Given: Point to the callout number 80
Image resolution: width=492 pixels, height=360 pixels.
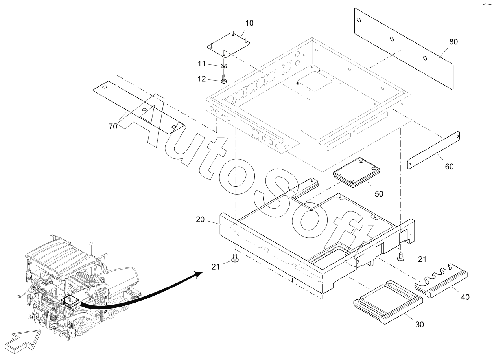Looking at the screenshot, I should tap(453, 42).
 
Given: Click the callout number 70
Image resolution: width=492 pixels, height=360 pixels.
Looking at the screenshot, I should tap(113, 126).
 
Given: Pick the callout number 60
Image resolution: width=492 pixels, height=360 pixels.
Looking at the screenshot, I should tap(449, 166).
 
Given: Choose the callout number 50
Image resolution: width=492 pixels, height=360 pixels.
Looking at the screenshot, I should tap(379, 193).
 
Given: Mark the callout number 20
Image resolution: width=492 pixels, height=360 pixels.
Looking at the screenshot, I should tap(200, 219).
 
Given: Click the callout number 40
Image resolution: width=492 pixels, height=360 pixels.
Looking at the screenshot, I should tap(465, 297).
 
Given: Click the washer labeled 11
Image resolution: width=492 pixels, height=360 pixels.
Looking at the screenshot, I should tap(224, 66).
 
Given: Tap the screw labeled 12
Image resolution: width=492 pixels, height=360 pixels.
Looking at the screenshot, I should tap(224, 77).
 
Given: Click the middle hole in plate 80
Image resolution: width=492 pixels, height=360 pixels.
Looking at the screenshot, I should tap(392, 39).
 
